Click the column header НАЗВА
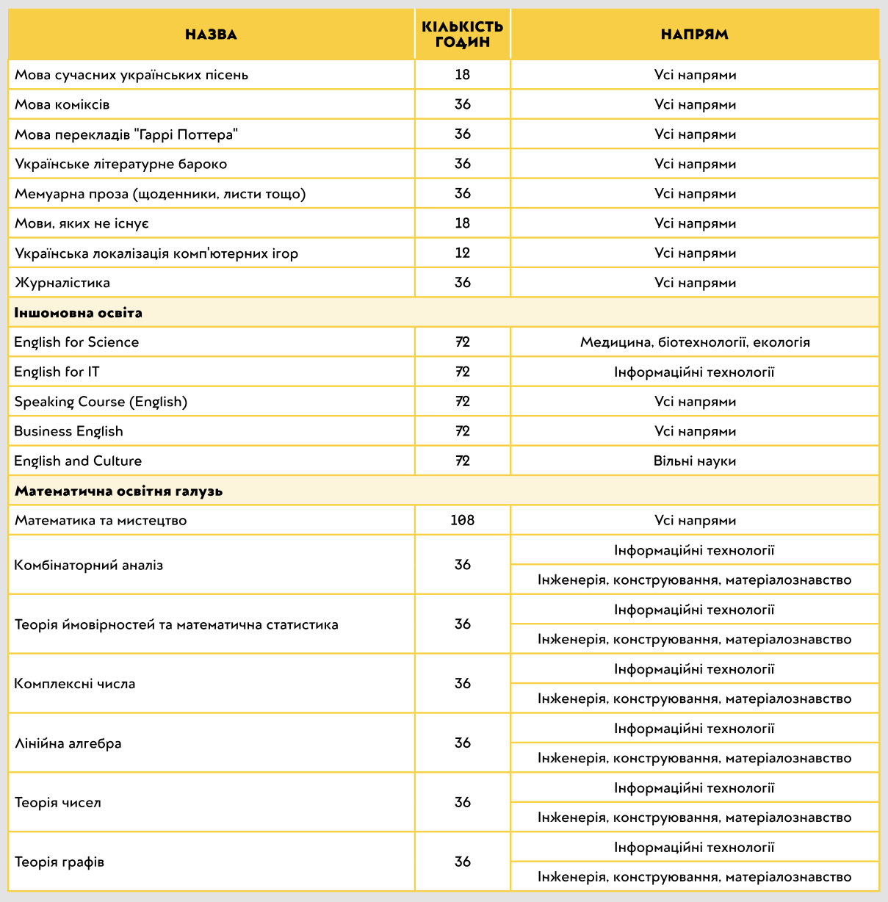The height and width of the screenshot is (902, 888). point(212,35)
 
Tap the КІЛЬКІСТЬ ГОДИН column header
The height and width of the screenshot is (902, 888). point(463,35)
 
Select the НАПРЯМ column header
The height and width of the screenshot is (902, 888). point(695,35)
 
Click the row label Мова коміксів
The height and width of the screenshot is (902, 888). point(62,104)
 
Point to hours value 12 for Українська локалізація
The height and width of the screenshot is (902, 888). point(463,253)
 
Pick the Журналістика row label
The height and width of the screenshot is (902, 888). point(62,283)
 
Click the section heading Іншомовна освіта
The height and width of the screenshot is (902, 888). point(79,313)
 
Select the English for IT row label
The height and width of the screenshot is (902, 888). point(57,372)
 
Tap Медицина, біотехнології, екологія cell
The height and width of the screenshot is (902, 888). point(695,342)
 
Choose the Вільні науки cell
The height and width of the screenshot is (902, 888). point(695,461)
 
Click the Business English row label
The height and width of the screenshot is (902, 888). point(68,431)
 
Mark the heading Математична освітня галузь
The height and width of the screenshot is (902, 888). point(118,491)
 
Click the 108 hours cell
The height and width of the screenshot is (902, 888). point(463,521)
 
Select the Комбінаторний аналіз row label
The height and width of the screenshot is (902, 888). point(89,565)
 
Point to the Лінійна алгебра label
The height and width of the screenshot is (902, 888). point(68,743)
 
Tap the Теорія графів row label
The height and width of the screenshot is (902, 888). point(59,862)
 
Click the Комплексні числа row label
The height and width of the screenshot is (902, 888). point(75,684)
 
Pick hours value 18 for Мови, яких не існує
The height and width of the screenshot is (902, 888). point(463,223)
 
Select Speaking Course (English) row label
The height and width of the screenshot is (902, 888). point(101,402)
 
